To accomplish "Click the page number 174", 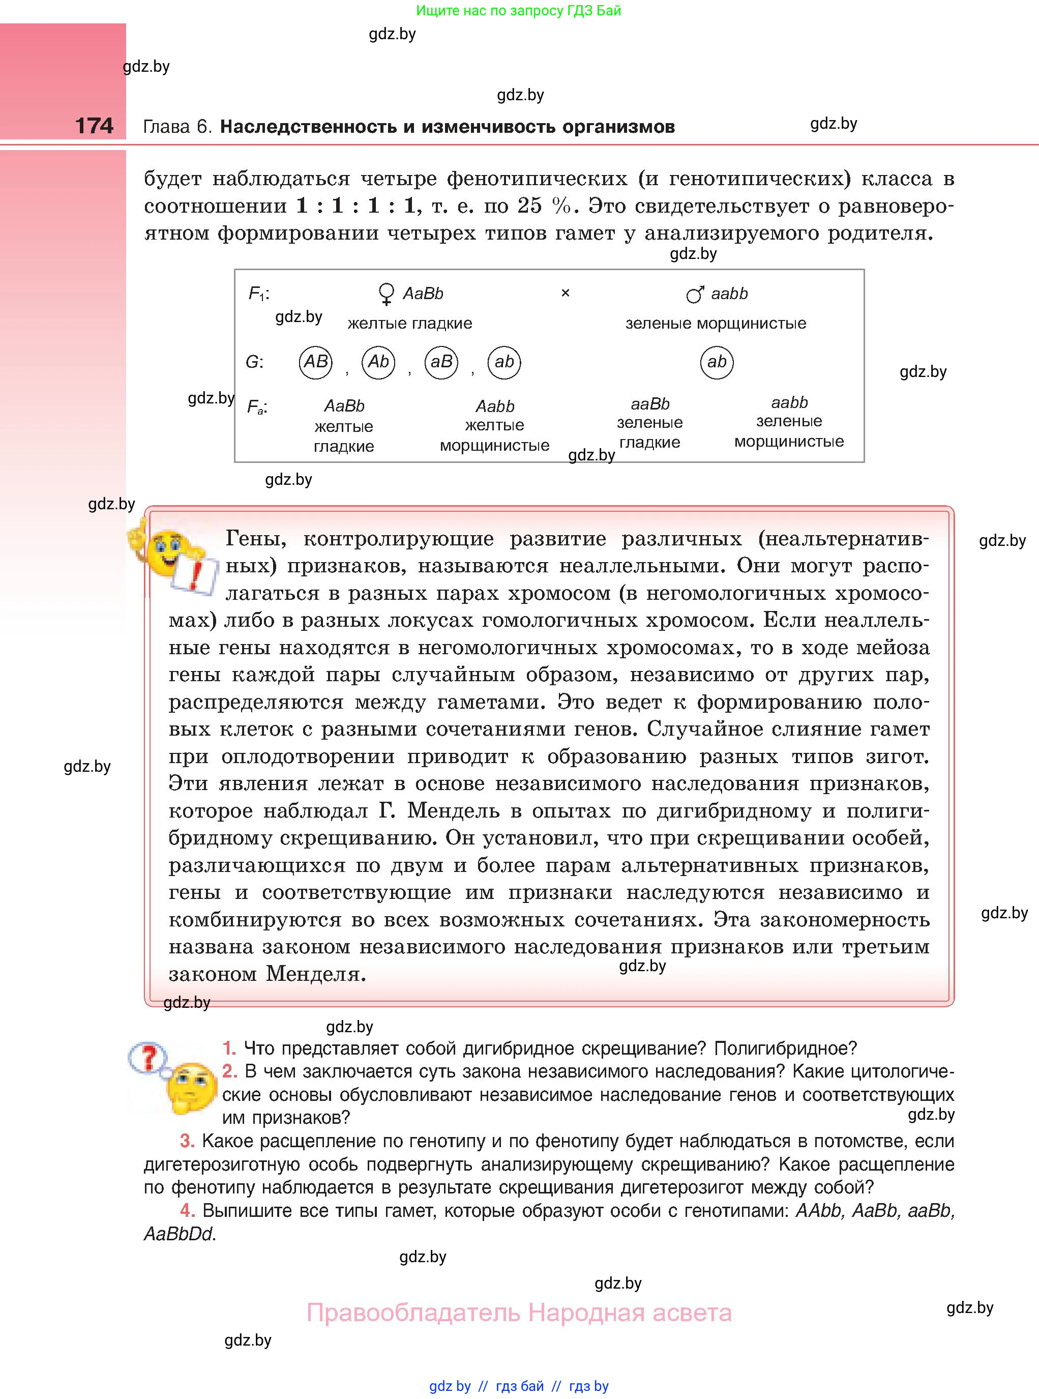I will click(x=95, y=126).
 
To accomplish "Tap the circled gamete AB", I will click(x=315, y=362).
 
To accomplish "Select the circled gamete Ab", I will click(x=378, y=362).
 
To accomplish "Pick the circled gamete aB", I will click(x=441, y=362).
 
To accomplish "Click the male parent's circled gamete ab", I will click(x=717, y=362).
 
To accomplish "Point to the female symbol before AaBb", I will click(x=385, y=294).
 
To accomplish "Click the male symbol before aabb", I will click(x=694, y=294).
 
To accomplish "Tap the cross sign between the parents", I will click(x=565, y=293).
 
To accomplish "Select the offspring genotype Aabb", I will click(x=494, y=406).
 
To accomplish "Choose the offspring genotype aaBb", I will click(x=649, y=404).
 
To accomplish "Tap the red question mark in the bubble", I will click(x=149, y=1058).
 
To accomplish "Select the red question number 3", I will click(x=187, y=1141).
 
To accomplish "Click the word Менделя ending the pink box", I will click(x=315, y=974).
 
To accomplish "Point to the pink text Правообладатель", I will click(x=413, y=1313).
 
